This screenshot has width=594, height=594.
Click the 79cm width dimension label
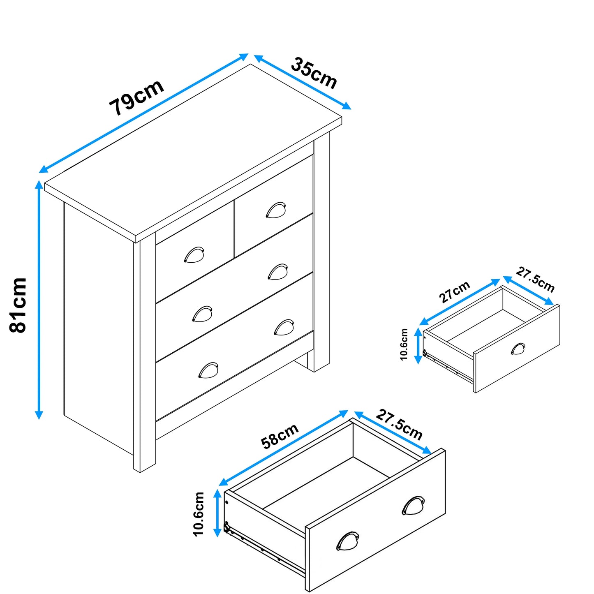136,97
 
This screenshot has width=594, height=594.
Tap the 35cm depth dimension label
314,73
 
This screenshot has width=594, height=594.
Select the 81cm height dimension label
18,305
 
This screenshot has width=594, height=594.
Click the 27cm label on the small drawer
454,292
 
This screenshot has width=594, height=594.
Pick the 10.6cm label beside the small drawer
404,344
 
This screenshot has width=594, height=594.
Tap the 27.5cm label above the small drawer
535,280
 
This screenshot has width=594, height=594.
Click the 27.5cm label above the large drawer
399,425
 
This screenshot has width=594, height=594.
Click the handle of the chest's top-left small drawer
194,254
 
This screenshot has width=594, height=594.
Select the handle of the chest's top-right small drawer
275,210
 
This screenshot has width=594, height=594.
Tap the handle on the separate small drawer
518,349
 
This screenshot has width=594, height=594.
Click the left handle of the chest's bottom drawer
208,370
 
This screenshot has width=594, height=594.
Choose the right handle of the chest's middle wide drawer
278,272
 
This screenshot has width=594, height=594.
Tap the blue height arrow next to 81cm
39,300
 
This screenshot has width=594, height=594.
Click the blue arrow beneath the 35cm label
303,82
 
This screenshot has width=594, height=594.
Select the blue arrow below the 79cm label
143,113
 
